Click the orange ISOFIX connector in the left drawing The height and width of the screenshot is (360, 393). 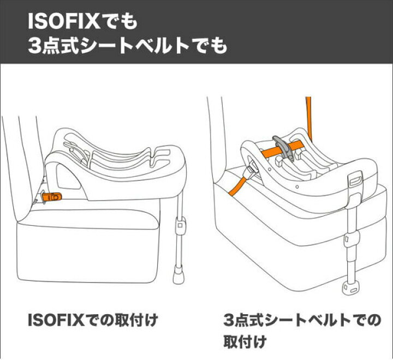pos(52,197)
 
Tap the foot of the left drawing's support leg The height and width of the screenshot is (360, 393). pos(178,274)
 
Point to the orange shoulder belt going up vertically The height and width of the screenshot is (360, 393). pos(308,118)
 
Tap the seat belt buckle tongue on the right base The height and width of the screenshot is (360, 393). pos(252,169)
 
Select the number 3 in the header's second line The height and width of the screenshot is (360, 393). pos(34,46)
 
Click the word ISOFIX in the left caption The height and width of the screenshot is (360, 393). pos(56,320)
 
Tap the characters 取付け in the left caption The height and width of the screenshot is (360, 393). pos(135,320)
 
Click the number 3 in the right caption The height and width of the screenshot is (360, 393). pos(228,320)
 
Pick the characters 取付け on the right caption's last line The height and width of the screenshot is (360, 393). pos(245,341)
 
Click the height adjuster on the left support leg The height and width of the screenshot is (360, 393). pos(180,224)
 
